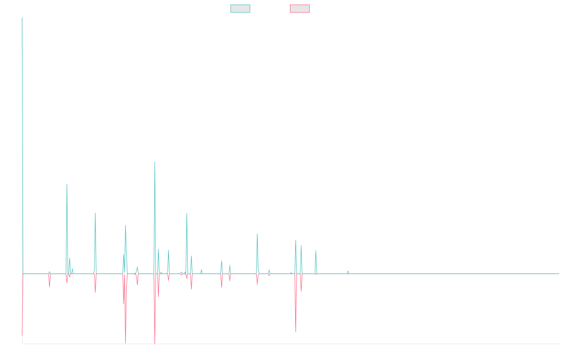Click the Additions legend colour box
click(240, 9)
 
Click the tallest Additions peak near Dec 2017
click(155, 162)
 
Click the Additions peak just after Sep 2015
click(67, 184)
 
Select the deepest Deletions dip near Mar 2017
click(126, 343)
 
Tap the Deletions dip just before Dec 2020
click(296, 332)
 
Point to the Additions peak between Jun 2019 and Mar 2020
click(257, 234)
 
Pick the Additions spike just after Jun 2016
click(96, 213)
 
